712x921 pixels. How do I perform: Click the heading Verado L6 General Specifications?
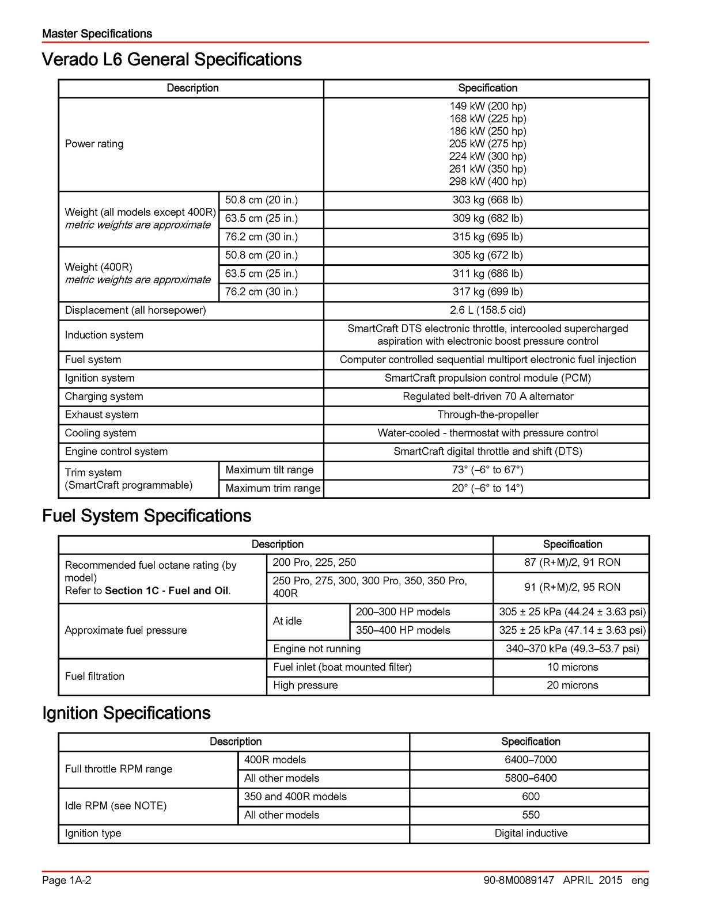pyautogui.click(x=172, y=60)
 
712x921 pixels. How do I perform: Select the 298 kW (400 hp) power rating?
pyautogui.click(x=487, y=181)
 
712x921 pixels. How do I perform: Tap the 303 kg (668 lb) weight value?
pyautogui.click(x=487, y=200)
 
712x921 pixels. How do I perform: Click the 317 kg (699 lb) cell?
pyautogui.click(x=487, y=292)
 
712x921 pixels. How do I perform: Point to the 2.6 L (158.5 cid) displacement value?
pyautogui.click(x=487, y=310)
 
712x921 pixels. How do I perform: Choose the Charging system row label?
pyautogui.click(x=104, y=397)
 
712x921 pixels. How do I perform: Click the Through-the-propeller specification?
pyautogui.click(x=487, y=414)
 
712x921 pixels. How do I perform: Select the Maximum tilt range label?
pyautogui.click(x=270, y=470)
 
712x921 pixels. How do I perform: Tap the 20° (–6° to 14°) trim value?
pyautogui.click(x=487, y=488)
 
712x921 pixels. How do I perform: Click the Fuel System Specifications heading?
pyautogui.click(x=146, y=516)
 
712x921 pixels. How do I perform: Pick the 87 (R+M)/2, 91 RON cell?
pyautogui.click(x=572, y=562)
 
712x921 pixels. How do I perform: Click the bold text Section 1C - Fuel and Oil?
pyautogui.click(x=166, y=591)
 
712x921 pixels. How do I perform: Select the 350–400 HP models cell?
pyautogui.click(x=403, y=630)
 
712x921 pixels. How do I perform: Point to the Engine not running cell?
pyautogui.click(x=317, y=649)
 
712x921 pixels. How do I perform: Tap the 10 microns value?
pyautogui.click(x=572, y=667)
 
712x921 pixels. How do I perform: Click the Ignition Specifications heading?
pyautogui.click(x=126, y=713)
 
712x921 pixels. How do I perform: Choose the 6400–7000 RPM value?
pyautogui.click(x=531, y=760)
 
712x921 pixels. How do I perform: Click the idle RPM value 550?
pyautogui.click(x=531, y=815)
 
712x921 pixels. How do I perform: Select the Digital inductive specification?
pyautogui.click(x=531, y=834)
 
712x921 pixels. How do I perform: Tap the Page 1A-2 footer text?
pyautogui.click(x=67, y=880)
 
